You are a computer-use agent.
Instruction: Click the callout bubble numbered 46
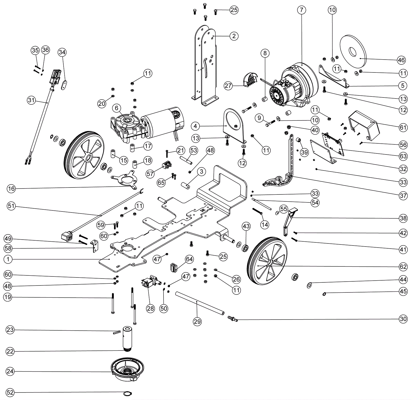(x=401, y=60)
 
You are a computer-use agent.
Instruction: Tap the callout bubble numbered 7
(x=302, y=10)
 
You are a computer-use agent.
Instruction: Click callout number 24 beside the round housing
(x=10, y=371)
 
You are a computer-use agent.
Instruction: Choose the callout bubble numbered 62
(x=403, y=266)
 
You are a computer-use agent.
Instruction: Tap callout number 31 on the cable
(x=31, y=100)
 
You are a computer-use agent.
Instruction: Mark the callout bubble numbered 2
(x=234, y=36)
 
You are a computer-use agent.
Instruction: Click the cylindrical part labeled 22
(x=127, y=338)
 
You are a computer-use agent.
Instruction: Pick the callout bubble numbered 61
(x=403, y=127)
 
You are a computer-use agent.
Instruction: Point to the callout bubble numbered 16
(x=11, y=189)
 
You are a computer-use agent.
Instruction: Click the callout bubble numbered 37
(x=403, y=195)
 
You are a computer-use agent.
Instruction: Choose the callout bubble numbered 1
(x=8, y=259)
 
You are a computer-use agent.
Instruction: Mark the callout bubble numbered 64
(x=189, y=259)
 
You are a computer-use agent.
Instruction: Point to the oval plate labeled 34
(x=64, y=85)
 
